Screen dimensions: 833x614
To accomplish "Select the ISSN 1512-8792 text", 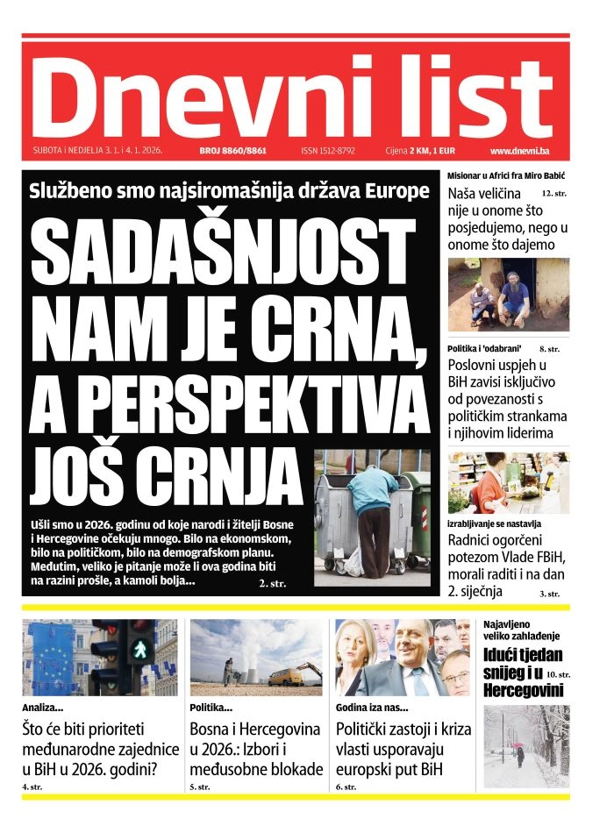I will [327, 151].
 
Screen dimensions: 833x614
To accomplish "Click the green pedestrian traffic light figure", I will [139, 650].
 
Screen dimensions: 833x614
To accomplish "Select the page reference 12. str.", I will [554, 191].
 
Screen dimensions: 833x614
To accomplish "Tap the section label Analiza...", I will [43, 707].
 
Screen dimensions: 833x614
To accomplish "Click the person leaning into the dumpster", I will [374, 509].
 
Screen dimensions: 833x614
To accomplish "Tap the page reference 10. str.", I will [557, 674].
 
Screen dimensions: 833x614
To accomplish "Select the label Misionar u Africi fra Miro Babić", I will [505, 175].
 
